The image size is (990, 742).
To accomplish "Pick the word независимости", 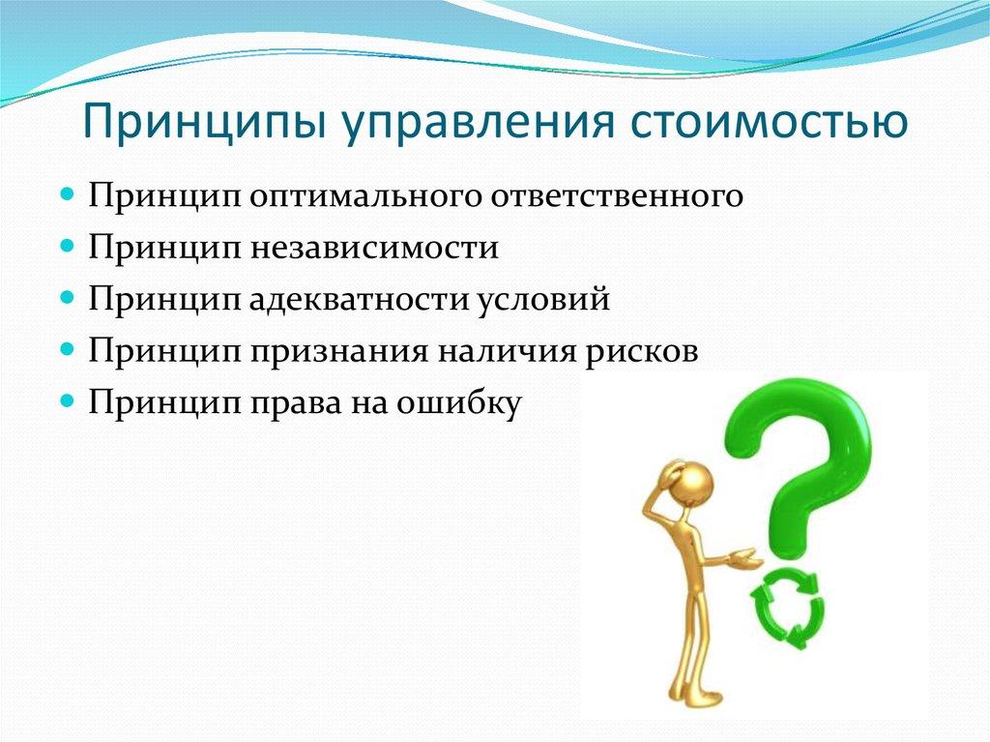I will (x=377, y=248).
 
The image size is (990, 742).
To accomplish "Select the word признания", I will (x=346, y=350).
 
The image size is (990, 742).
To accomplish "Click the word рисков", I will (x=638, y=350).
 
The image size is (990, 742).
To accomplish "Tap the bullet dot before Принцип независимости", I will (x=67, y=246).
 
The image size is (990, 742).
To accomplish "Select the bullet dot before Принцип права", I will (x=67, y=400).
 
